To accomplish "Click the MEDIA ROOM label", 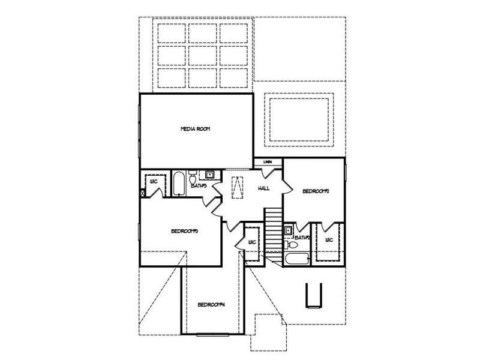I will pyautogui.click(x=196, y=129).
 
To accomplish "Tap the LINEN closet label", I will pyautogui.click(x=268, y=161).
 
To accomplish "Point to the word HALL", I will pyautogui.click(x=264, y=188).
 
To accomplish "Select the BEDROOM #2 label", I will pyautogui.click(x=316, y=191).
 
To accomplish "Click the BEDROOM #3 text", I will pyautogui.click(x=184, y=231).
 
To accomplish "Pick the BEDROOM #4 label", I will pyautogui.click(x=211, y=304).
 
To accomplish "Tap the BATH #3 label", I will pyautogui.click(x=199, y=186).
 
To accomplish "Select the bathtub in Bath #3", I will pyautogui.click(x=179, y=184).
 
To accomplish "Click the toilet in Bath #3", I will pyautogui.click(x=192, y=178).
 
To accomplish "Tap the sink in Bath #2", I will pyautogui.click(x=289, y=230).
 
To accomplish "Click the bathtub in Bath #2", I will pyautogui.click(x=296, y=259).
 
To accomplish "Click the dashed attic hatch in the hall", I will pyautogui.click(x=238, y=188).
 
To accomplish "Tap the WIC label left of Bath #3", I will pyautogui.click(x=154, y=181).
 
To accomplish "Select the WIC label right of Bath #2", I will pyautogui.click(x=329, y=241).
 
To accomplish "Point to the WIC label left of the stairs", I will pyautogui.click(x=252, y=242).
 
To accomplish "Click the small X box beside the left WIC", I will pyautogui.click(x=142, y=193).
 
